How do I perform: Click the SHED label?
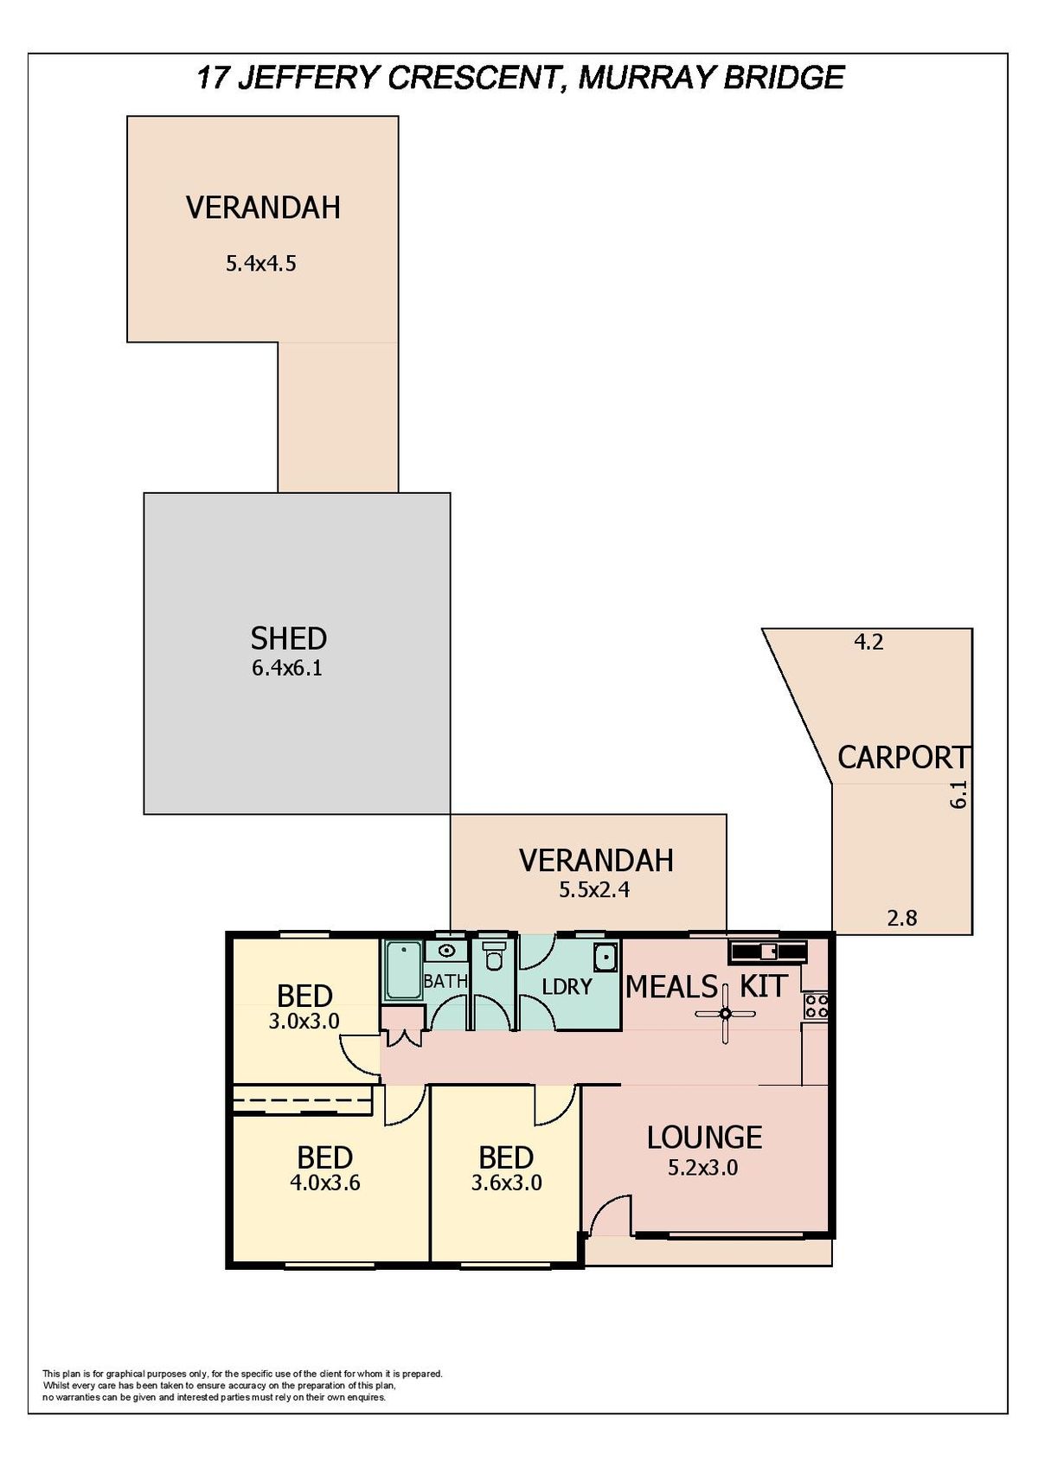pyautogui.click(x=288, y=638)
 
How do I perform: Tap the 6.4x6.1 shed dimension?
pyautogui.click(x=287, y=669)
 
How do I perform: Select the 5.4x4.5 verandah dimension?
pyautogui.click(x=261, y=264)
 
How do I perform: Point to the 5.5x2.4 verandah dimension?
pyautogui.click(x=594, y=889)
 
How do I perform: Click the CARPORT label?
pyautogui.click(x=903, y=758)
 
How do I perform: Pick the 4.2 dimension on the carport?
pyautogui.click(x=869, y=642)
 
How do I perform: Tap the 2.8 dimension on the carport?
pyautogui.click(x=901, y=918)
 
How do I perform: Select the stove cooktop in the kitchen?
pyautogui.click(x=817, y=1006)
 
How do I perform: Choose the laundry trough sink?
pyautogui.click(x=606, y=958)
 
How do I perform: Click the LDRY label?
pyautogui.click(x=567, y=985)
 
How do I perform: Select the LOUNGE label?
pyautogui.click(x=704, y=1138)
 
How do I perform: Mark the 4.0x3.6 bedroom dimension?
pyautogui.click(x=325, y=1183)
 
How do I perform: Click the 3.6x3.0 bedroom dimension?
pyautogui.click(x=506, y=1183)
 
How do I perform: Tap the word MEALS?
pyautogui.click(x=672, y=986)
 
